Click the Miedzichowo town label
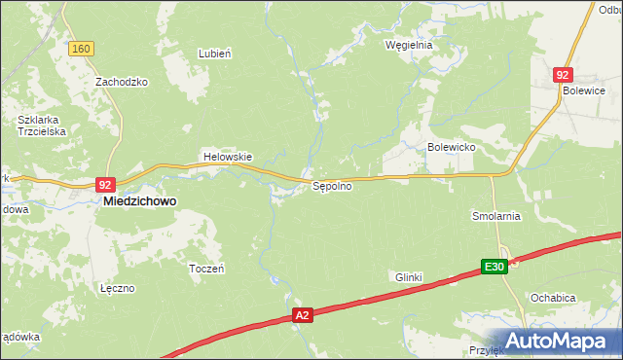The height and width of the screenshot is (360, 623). pyautogui.click(x=140, y=201)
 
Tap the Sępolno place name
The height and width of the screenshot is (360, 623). pyautogui.click(x=331, y=186)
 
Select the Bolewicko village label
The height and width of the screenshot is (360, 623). pyautogui.click(x=451, y=147)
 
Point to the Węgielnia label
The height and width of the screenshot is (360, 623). pyautogui.click(x=408, y=45)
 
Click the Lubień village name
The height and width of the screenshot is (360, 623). pyautogui.click(x=214, y=54)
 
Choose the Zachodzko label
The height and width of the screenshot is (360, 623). pyautogui.click(x=121, y=82)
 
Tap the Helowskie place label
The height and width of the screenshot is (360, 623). pyautogui.click(x=227, y=157)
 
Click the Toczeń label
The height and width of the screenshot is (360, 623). pyautogui.click(x=206, y=269)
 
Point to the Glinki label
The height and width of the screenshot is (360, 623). pyautogui.click(x=409, y=277)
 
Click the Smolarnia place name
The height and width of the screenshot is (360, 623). pyautogui.click(x=496, y=216)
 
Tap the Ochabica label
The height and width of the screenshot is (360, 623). pyautogui.click(x=553, y=298)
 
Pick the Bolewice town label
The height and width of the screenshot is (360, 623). pyautogui.click(x=584, y=90)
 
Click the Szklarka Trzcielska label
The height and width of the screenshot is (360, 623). pyautogui.click(x=41, y=127)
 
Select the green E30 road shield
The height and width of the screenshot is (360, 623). pyautogui.click(x=495, y=267)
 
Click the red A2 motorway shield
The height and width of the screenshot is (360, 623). pyautogui.click(x=304, y=315)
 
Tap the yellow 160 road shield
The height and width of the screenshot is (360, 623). pyautogui.click(x=82, y=49)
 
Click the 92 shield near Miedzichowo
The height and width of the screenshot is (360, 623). pyautogui.click(x=107, y=184)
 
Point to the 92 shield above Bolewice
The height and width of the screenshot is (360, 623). pyautogui.click(x=563, y=74)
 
